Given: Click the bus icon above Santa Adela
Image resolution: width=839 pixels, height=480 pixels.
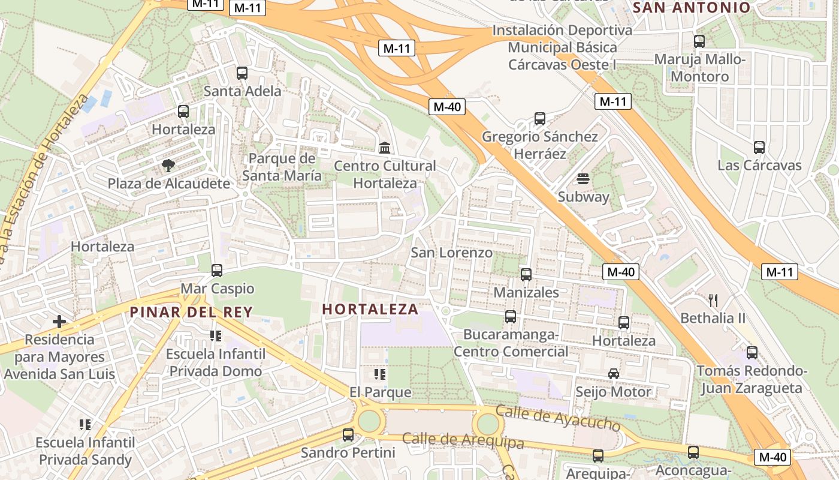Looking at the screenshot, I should tap(242, 73).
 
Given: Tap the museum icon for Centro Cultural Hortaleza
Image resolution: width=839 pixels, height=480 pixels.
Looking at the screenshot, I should tap(385, 148).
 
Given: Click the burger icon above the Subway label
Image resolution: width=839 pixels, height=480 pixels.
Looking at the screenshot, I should tap(583, 179).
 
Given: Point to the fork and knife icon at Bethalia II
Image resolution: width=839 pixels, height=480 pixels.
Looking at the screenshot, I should tap(713, 300).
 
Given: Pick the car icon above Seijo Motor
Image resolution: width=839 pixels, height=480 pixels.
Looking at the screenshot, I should tap(614, 374).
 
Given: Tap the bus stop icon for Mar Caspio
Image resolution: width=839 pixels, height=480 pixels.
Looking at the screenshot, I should tap(217, 271).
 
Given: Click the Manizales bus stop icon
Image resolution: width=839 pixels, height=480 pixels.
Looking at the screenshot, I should tap(526, 275).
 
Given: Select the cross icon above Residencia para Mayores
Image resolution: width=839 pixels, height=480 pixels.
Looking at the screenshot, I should tap(59, 322).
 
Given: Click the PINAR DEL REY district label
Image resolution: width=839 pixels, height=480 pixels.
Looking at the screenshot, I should tap(191, 312).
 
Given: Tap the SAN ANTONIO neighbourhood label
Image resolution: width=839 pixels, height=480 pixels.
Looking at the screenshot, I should tap(692, 8).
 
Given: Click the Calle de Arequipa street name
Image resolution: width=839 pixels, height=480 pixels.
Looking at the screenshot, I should tap(463, 440).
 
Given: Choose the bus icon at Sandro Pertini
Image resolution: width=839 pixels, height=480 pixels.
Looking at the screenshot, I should tap(348, 435).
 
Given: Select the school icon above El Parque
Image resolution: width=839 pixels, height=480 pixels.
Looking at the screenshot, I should tap(380, 374).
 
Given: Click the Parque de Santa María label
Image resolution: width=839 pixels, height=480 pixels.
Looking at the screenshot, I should tap(282, 167).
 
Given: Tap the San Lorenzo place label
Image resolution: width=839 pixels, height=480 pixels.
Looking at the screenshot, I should tap(451, 253).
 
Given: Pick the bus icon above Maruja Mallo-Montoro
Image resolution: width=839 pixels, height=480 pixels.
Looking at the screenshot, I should tap(699, 41).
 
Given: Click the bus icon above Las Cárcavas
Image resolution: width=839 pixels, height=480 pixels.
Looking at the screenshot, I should tap(759, 148).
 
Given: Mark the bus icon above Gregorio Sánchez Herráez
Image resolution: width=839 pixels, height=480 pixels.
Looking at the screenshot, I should tap(540, 119).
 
